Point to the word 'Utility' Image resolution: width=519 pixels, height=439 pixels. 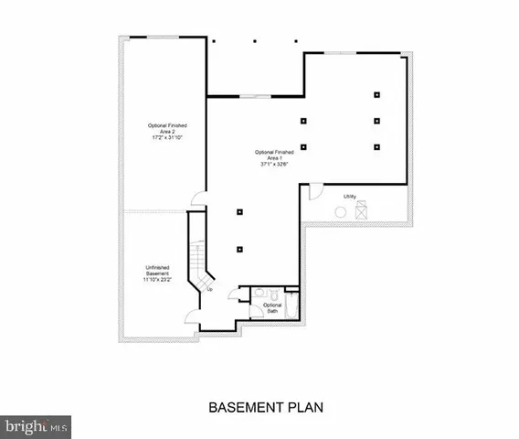click(x=350, y=197)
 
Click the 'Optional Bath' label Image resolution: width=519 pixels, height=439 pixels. click(x=272, y=307)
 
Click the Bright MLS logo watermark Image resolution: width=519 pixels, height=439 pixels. click(x=37, y=425)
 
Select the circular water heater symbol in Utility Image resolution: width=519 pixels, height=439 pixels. click(x=341, y=211)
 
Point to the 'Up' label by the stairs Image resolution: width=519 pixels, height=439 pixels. click(x=209, y=290)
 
